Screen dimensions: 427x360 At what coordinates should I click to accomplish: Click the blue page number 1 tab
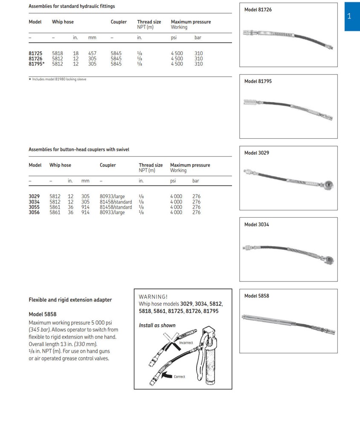tap(349, 17)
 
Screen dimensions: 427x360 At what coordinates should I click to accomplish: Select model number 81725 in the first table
tap(35, 54)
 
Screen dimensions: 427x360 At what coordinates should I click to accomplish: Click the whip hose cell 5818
tap(58, 54)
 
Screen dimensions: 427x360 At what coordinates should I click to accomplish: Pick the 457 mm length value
tap(92, 54)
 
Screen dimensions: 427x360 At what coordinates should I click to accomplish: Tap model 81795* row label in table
tap(37, 64)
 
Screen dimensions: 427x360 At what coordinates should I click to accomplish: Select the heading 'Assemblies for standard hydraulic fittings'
tap(72, 6)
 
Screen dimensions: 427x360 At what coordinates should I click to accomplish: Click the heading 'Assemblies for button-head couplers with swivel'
tap(79, 150)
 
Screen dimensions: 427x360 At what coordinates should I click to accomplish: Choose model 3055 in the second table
tap(34, 207)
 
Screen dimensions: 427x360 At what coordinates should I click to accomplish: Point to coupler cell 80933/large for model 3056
tap(112, 212)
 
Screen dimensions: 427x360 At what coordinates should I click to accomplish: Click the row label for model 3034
tap(34, 202)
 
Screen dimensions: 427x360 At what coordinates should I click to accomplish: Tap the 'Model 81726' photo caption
tap(258, 10)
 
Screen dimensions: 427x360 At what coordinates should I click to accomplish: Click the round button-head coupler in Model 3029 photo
tap(328, 185)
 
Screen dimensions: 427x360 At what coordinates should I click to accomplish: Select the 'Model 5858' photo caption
tap(257, 296)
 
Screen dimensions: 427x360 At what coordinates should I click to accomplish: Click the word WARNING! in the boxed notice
tap(154, 296)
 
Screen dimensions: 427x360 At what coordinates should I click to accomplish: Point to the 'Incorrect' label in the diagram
tap(186, 343)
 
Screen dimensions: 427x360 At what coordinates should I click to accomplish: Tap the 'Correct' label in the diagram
tap(180, 377)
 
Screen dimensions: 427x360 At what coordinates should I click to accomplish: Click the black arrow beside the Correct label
tap(167, 376)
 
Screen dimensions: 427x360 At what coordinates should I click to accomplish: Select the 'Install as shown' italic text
tap(157, 325)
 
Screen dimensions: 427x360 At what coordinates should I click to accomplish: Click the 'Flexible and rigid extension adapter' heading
tap(70, 300)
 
